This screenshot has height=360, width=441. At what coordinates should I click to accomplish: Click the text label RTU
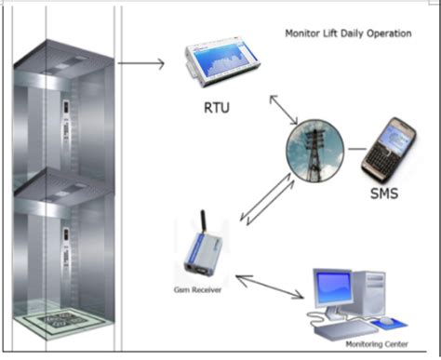[x=218, y=109]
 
